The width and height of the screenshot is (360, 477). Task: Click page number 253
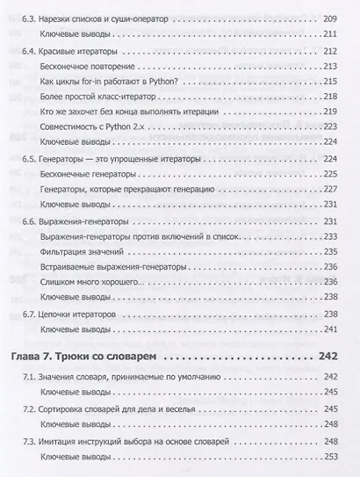[x=329, y=457]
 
